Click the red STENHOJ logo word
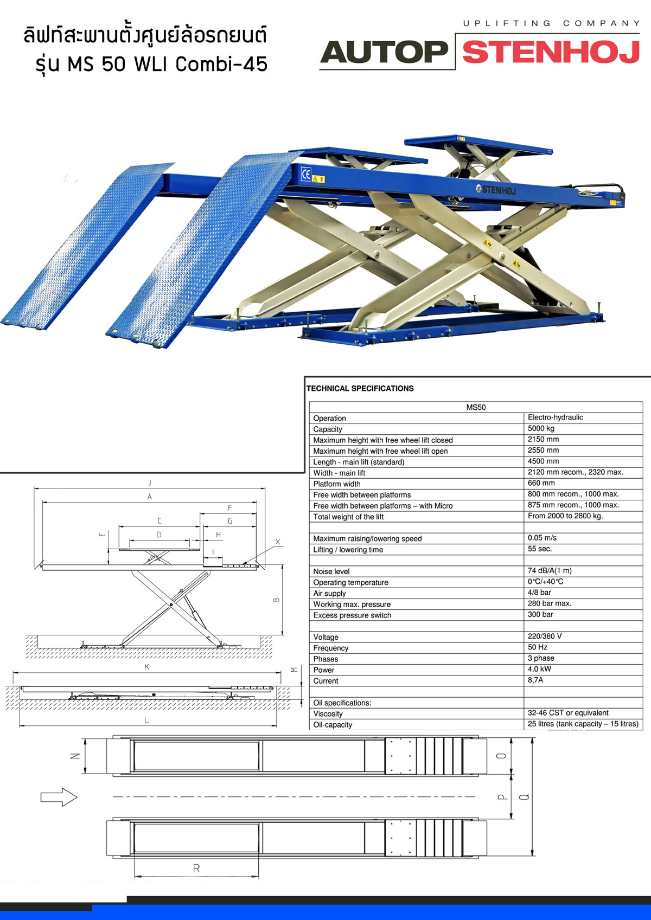tap(551, 52)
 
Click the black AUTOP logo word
tap(384, 52)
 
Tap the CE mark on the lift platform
tap(306, 174)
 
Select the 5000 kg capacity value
tap(541, 428)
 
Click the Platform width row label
tap(336, 484)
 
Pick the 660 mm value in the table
tap(541, 483)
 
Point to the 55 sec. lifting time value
tap(540, 549)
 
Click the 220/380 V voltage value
tap(545, 636)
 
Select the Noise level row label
tap(331, 571)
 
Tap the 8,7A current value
tap(535, 680)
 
